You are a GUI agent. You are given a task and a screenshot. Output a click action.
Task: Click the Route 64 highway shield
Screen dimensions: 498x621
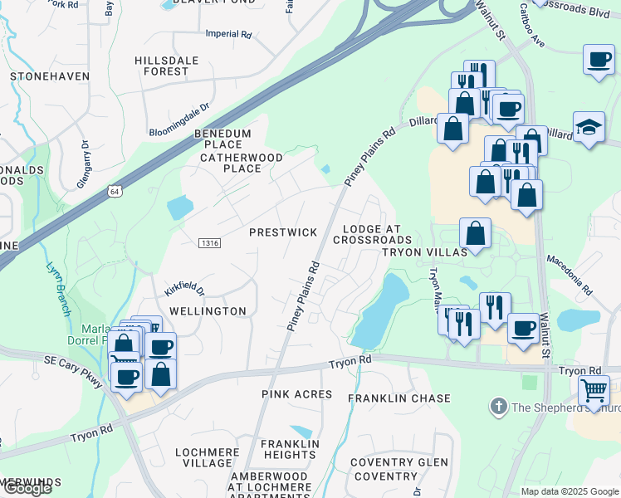point(114,191)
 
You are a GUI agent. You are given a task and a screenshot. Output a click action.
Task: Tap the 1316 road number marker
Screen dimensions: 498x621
point(209,242)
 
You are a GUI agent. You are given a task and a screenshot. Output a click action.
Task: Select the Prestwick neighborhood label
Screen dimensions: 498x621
point(283,232)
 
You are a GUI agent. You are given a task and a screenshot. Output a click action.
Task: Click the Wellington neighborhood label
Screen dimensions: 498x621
point(208,311)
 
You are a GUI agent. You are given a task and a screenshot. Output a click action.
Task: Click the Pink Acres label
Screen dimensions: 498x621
point(296,393)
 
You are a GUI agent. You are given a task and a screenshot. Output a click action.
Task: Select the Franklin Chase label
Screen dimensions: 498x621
point(399,399)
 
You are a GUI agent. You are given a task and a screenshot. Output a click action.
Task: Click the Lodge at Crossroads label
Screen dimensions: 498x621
point(372,234)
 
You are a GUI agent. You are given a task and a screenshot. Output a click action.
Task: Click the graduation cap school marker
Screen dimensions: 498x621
point(589,127)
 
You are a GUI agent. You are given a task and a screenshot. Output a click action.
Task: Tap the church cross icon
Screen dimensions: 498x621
point(498,407)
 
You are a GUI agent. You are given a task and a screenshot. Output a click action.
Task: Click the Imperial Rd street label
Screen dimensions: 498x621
point(228,35)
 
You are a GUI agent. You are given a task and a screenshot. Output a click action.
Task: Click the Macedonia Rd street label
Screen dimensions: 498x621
point(569,275)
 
